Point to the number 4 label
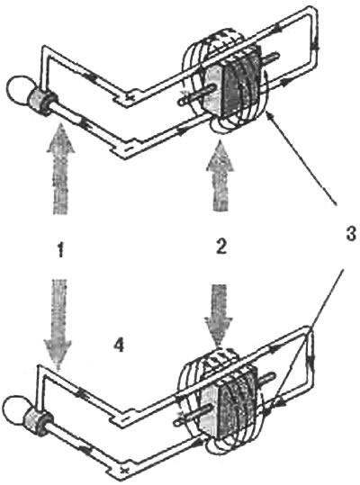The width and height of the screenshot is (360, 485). [119, 345]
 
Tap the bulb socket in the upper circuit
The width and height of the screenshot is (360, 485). [41, 101]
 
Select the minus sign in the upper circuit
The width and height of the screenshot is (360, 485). [128, 150]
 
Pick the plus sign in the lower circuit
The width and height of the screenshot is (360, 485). [124, 471]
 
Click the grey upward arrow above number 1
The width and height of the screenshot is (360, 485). [60, 168]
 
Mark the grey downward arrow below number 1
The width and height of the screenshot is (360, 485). [58, 324]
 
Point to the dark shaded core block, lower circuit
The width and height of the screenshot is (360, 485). [238, 405]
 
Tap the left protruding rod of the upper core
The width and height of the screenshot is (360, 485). [194, 95]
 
